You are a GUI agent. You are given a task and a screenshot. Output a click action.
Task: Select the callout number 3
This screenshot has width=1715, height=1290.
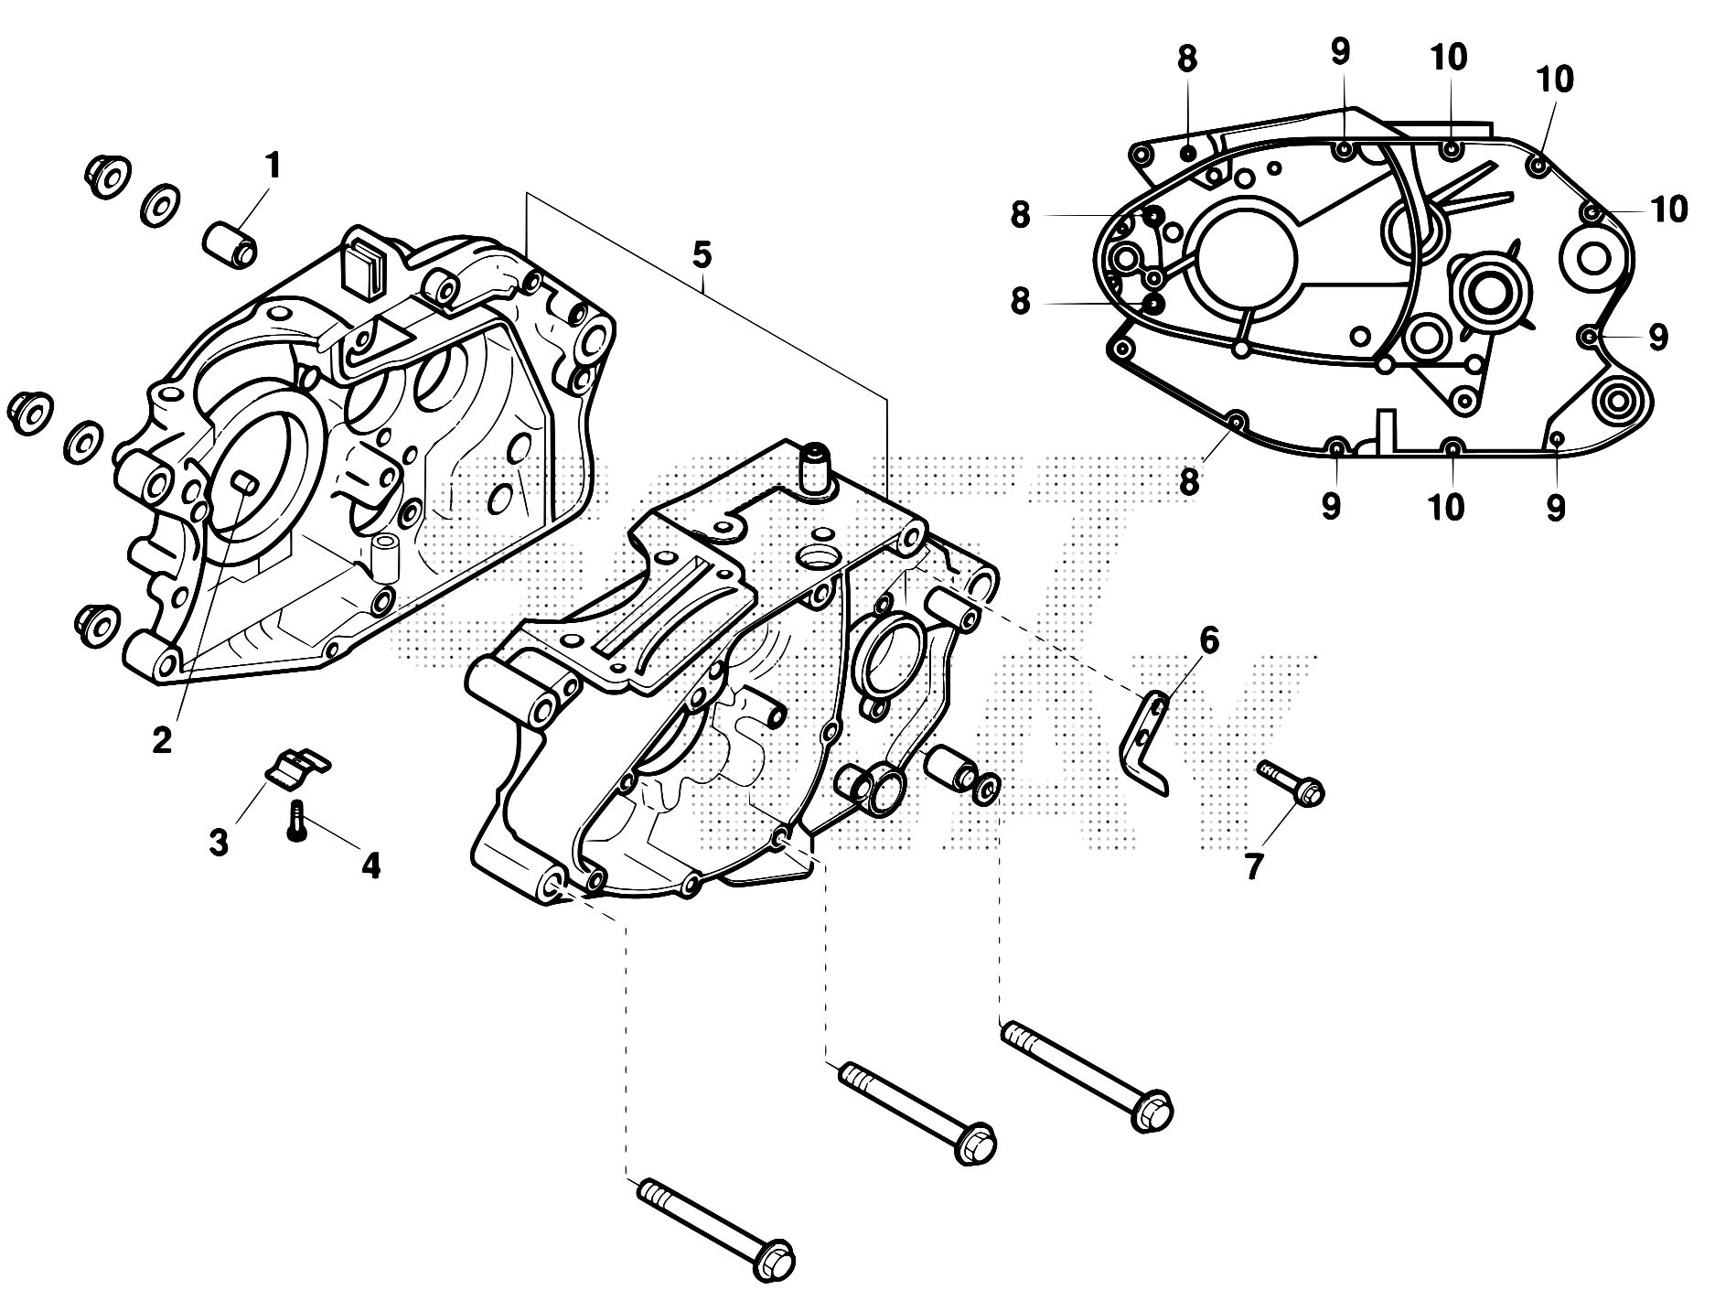[x=218, y=842]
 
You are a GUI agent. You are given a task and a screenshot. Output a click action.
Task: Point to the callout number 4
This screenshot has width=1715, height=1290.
[x=370, y=865]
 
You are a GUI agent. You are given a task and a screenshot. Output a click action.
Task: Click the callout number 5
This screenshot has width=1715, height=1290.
[x=701, y=256]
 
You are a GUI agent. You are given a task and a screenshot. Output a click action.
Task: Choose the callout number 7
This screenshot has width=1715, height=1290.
[x=1252, y=865]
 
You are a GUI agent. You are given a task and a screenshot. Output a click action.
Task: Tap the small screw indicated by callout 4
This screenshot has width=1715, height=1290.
[x=295, y=820]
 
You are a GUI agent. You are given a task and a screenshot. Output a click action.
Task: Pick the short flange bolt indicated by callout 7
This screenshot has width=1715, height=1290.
[x=1292, y=784]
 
